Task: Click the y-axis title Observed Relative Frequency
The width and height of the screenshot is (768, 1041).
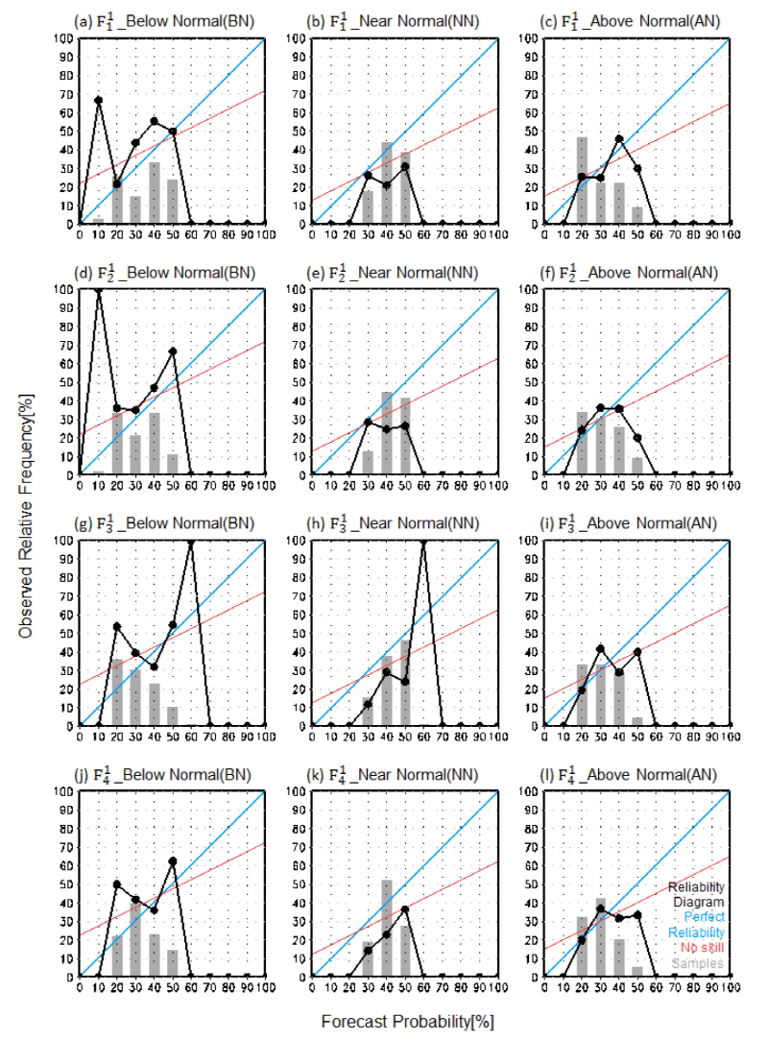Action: pos(21,519)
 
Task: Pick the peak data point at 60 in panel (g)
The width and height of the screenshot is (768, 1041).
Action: pos(190,541)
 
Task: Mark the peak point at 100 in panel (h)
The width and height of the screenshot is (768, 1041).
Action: pos(422,541)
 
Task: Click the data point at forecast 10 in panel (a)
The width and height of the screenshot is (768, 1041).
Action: pos(98,100)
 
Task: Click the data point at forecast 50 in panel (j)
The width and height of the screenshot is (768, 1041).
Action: pos(172,861)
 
